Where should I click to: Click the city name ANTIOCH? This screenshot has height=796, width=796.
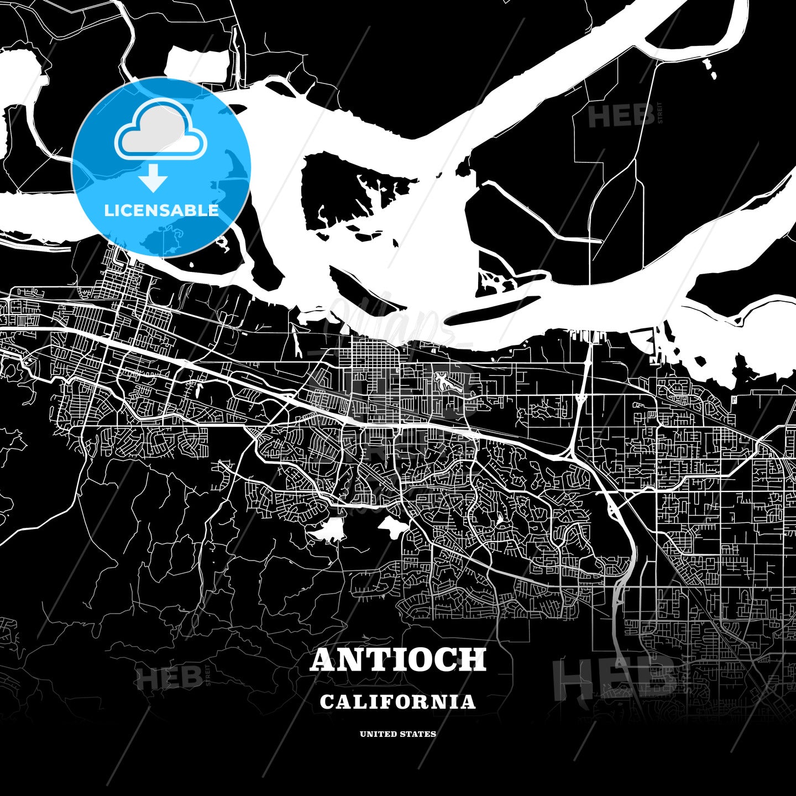[x=398, y=660]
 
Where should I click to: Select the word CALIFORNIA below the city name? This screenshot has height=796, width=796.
[x=398, y=702]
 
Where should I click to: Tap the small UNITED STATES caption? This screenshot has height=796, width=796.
[x=398, y=734]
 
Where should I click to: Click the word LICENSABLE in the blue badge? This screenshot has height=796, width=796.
[x=161, y=211]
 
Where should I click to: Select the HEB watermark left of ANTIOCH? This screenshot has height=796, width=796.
[x=169, y=678]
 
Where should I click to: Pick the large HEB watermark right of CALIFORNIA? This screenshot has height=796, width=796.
[x=614, y=678]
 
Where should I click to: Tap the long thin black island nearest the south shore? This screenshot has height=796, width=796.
[x=498, y=310]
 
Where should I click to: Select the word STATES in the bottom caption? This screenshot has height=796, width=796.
[x=420, y=734]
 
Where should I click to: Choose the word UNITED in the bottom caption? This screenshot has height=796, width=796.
[x=376, y=734]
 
